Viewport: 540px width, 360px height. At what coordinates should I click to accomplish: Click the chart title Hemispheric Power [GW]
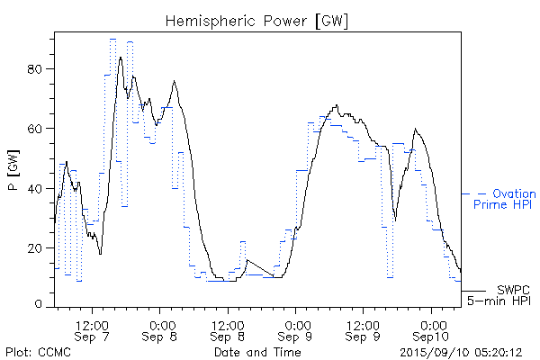pos(257,20)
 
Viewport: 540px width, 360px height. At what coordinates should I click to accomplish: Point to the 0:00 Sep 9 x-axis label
pos(297,329)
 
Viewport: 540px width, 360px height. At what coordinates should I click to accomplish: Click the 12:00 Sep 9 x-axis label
pos(364,329)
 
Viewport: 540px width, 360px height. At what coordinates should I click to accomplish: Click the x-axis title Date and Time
pos(256,352)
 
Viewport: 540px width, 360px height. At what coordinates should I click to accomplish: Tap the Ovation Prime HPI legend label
pos(503,199)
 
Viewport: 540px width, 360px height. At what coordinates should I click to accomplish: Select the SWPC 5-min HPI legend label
pos(500,294)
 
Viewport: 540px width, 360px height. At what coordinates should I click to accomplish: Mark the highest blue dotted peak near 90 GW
pos(112,40)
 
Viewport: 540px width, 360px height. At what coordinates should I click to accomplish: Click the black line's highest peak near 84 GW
pos(121,58)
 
